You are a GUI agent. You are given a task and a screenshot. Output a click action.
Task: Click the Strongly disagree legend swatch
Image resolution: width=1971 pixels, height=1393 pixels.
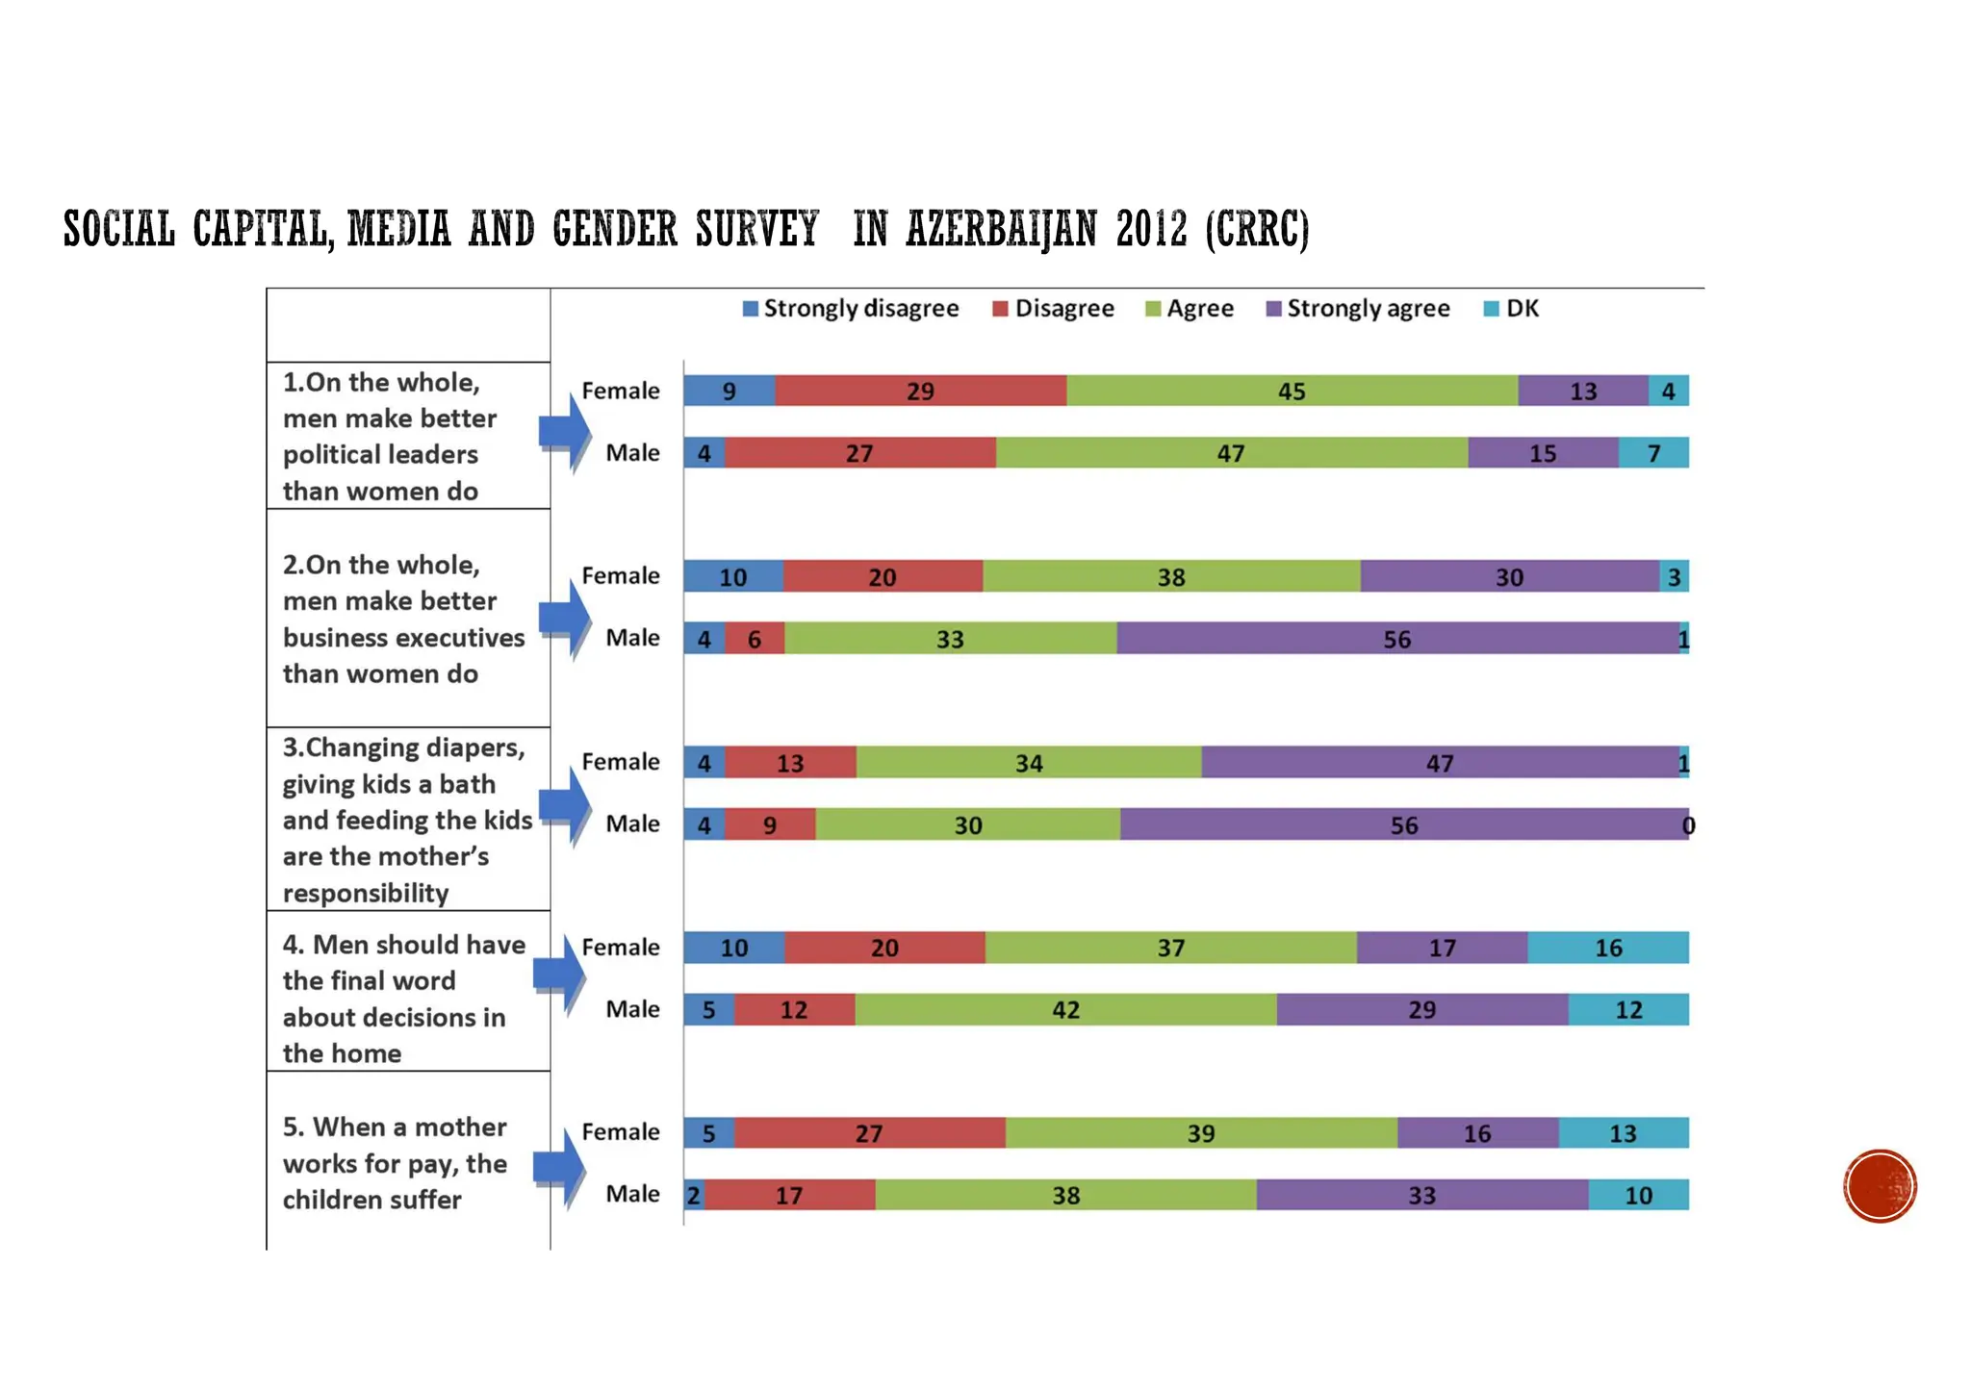tap(751, 309)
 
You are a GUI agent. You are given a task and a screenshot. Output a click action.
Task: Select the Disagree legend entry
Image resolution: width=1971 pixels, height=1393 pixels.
tap(1053, 309)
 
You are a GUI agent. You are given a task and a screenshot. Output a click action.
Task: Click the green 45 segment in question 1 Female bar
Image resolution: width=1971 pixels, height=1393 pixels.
tap(1292, 391)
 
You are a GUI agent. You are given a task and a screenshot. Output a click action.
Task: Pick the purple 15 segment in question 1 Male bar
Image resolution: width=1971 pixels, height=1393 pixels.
tap(1543, 453)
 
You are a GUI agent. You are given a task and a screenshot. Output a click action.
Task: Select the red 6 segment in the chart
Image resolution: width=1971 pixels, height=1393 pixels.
tap(755, 639)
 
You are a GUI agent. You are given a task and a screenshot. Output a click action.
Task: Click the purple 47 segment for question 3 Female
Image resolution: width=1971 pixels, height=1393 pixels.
tap(1440, 763)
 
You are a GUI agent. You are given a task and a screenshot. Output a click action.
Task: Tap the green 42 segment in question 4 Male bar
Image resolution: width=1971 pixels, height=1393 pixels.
tap(1065, 1009)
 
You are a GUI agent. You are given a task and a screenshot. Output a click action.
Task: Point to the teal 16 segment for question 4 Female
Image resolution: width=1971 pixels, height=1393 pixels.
tap(1608, 948)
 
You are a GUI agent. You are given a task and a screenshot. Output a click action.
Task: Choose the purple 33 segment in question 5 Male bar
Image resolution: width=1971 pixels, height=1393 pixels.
tap(1421, 1195)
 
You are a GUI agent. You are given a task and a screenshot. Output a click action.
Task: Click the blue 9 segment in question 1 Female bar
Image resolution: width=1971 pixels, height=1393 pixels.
tap(730, 391)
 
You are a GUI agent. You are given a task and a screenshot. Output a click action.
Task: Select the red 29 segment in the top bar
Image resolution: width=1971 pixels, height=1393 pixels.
tap(920, 391)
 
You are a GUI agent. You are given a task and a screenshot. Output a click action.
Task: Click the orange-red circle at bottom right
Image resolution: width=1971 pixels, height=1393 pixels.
tap(1880, 1185)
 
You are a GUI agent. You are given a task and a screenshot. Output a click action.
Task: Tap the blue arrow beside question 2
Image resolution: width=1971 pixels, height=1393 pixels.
tap(566, 618)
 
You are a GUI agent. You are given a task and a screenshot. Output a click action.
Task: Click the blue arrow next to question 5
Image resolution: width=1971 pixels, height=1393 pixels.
tap(561, 1166)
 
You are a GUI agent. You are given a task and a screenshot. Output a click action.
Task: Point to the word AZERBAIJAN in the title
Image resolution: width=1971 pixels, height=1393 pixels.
tap(1001, 230)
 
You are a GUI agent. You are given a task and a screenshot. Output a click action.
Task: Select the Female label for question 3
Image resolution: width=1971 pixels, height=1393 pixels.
tap(621, 762)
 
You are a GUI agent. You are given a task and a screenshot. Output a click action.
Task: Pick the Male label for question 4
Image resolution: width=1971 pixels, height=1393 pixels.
tap(632, 1009)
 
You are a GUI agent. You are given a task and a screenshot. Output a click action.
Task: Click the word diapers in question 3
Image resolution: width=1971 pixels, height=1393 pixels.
tap(474, 747)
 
